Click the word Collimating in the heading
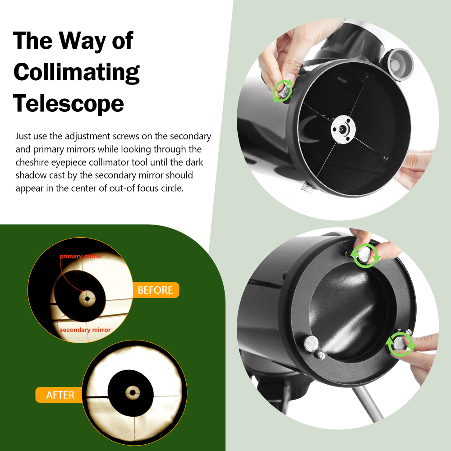click(x=77, y=72)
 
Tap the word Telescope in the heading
click(x=69, y=103)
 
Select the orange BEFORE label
click(x=155, y=290)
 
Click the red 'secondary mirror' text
click(x=85, y=330)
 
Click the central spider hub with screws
click(x=343, y=130)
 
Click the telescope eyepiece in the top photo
click(x=400, y=64)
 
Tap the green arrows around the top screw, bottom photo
click(x=366, y=256)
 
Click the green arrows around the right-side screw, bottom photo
click(x=400, y=344)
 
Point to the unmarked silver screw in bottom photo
click(x=312, y=344)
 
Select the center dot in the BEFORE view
click(x=87, y=298)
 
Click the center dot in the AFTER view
click(x=133, y=392)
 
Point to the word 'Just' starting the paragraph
click(x=23, y=136)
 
